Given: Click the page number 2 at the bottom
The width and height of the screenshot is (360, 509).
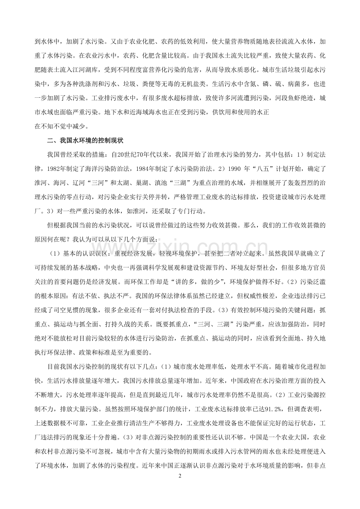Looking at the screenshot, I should (x=180, y=476).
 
